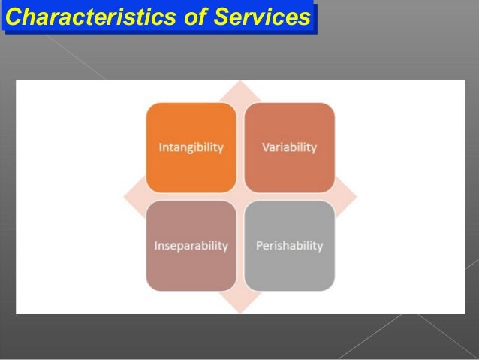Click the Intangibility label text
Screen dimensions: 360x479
(x=191, y=147)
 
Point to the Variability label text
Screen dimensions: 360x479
(x=289, y=147)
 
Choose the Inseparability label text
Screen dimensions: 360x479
(x=191, y=246)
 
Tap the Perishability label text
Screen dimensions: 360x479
(x=289, y=246)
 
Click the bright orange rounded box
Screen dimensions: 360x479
(x=191, y=147)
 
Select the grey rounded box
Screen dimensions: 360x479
(x=289, y=246)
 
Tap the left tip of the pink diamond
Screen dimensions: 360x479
(x=125, y=197)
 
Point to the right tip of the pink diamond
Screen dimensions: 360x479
(x=355, y=197)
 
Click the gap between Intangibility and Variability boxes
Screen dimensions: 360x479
(x=240, y=147)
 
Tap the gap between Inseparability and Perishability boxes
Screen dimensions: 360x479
(x=240, y=246)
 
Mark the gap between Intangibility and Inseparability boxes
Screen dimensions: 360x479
(x=191, y=197)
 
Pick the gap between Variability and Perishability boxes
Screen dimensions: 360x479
(x=289, y=197)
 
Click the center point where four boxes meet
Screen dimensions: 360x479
(x=240, y=197)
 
